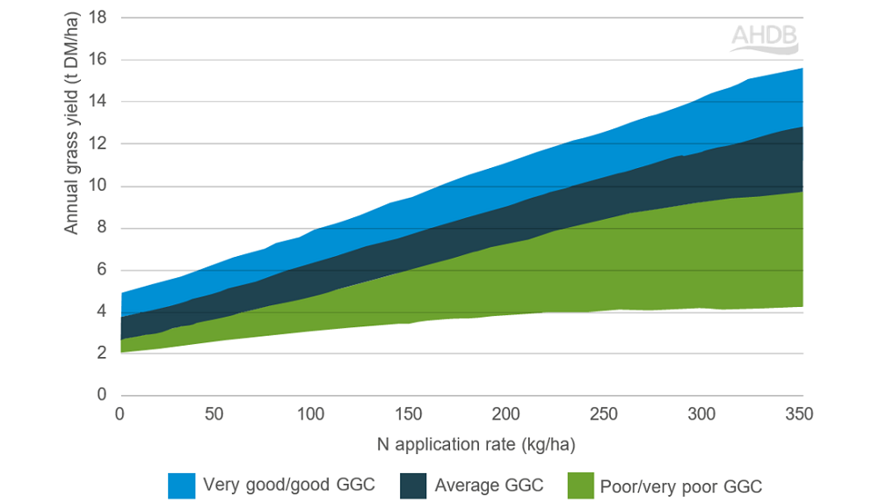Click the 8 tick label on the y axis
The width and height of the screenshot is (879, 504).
(102, 228)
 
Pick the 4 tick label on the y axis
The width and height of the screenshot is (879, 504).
(102, 311)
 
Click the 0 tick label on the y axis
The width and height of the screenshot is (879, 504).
(102, 395)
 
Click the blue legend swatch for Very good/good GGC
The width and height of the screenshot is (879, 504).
(181, 485)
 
